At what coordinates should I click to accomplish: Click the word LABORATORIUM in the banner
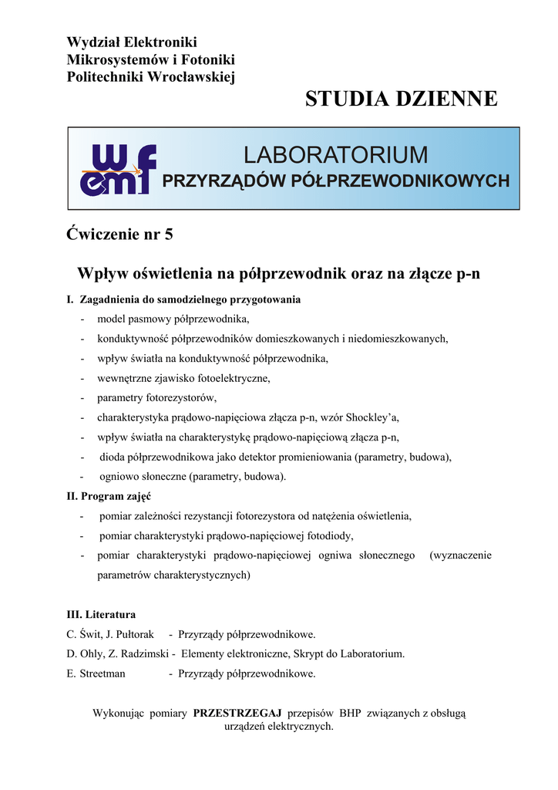click(x=335, y=154)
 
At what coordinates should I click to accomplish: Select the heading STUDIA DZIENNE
click(x=401, y=99)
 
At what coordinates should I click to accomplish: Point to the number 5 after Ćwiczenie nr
click(x=168, y=235)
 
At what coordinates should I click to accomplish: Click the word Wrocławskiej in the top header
click(x=195, y=76)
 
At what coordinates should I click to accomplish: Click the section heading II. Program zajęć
click(x=109, y=496)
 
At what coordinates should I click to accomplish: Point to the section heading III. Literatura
click(x=102, y=615)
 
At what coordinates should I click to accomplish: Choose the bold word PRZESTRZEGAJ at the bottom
click(x=237, y=714)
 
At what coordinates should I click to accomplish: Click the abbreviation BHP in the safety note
click(x=350, y=714)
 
